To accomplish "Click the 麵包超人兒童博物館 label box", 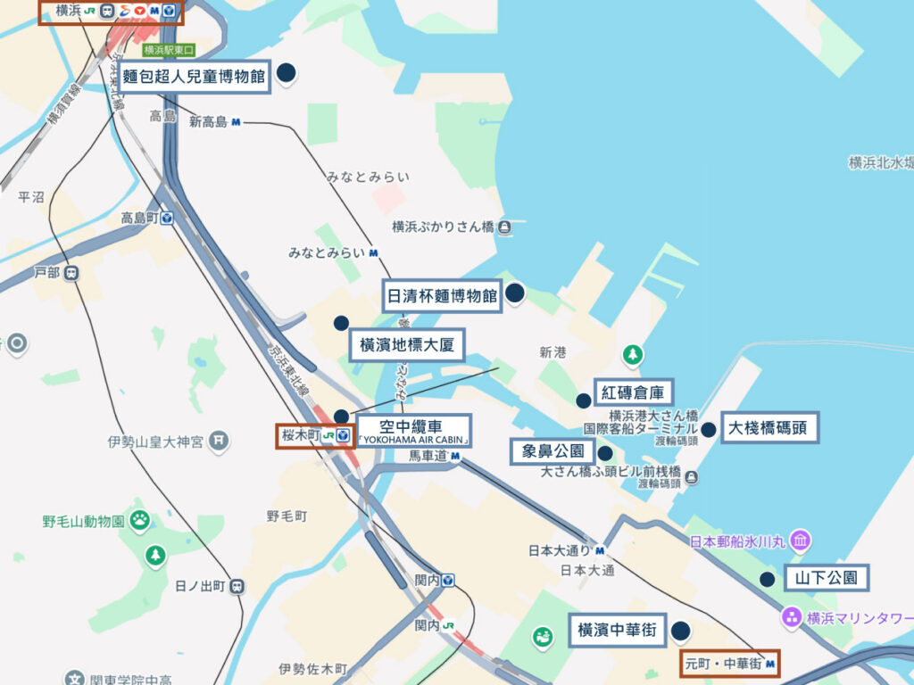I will click(x=195, y=78).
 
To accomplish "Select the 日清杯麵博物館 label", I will click(x=441, y=295).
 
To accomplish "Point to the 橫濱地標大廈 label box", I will click(x=406, y=345).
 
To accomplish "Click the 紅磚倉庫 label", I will click(x=634, y=392).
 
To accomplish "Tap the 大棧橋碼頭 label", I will click(x=768, y=427).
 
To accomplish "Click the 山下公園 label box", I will click(x=827, y=578).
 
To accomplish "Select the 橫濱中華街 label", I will click(x=617, y=631).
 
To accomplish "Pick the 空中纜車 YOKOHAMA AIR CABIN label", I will click(x=413, y=431).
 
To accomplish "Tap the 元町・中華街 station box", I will click(x=729, y=664).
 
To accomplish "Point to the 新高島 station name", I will click(x=209, y=122).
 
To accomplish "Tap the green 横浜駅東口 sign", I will click(x=169, y=51).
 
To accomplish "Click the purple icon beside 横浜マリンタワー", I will click(x=791, y=616).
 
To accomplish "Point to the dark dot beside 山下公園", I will click(x=767, y=580).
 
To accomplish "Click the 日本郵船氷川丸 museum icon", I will click(x=801, y=541).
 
